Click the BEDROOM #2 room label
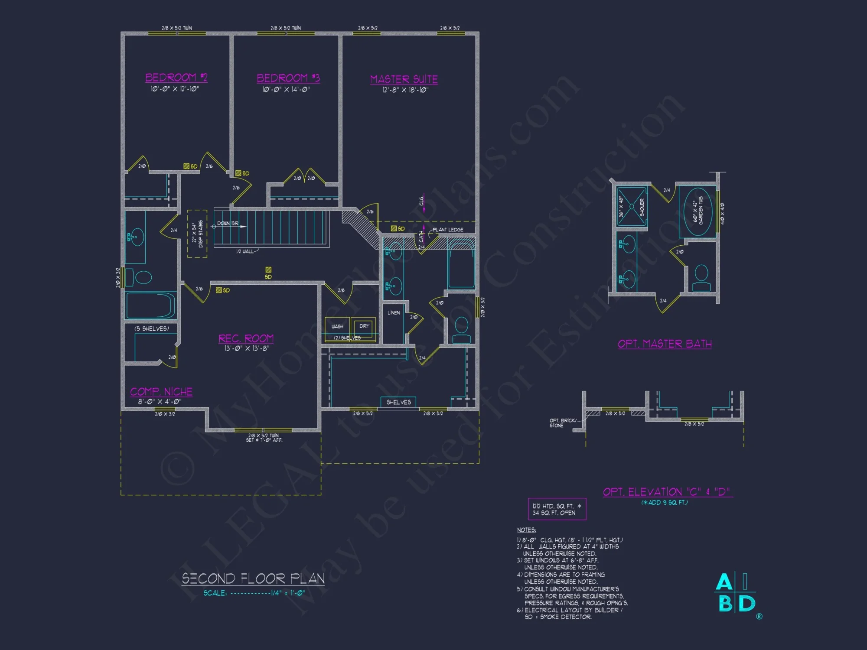click(176, 78)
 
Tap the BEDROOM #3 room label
click(288, 78)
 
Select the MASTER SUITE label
click(404, 80)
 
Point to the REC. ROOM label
click(246, 338)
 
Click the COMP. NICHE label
click(161, 392)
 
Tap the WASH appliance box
click(337, 327)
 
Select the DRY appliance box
click(364, 326)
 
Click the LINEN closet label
click(394, 312)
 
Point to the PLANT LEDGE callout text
click(448, 230)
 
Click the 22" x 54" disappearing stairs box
click(197, 234)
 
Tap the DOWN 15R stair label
click(228, 223)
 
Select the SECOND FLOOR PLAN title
click(253, 578)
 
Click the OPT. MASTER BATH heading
click(665, 344)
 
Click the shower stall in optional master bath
click(632, 207)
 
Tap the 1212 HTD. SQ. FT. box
click(557, 509)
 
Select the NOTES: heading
click(526, 530)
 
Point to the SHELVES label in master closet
click(398, 402)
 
